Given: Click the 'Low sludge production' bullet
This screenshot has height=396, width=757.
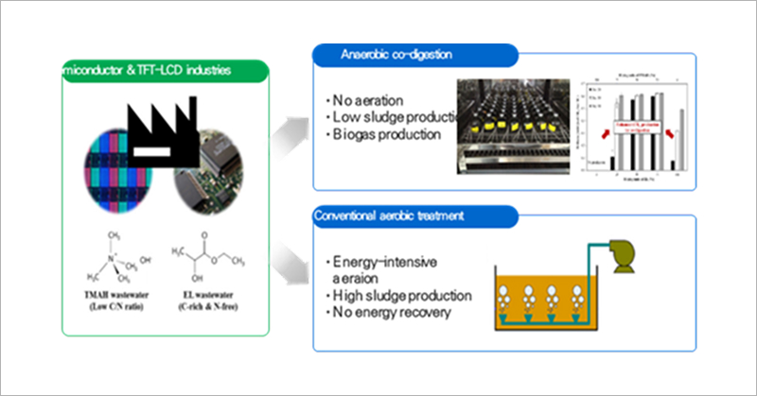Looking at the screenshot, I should coord(388,116).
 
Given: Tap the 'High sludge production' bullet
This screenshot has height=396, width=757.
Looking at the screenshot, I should coord(392,294).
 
